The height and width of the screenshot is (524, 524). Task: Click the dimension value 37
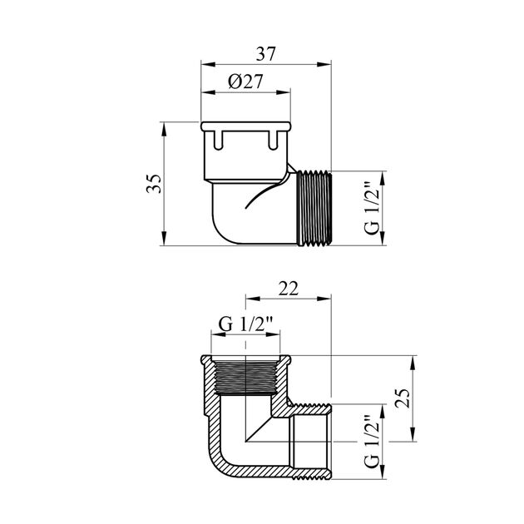(265, 54)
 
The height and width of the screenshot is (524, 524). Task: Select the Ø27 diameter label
(245, 82)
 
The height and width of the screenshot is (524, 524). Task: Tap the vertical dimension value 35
(154, 184)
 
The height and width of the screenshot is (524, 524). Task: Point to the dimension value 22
(289, 289)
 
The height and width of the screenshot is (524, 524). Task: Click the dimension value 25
(403, 398)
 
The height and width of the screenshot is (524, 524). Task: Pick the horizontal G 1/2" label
(246, 324)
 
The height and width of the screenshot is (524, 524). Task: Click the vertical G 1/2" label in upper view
(372, 208)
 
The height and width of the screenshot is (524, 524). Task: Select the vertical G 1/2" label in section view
(372, 442)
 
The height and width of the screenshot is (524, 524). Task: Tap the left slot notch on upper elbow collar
(218, 140)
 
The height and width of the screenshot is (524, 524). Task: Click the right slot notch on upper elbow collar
(273, 140)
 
